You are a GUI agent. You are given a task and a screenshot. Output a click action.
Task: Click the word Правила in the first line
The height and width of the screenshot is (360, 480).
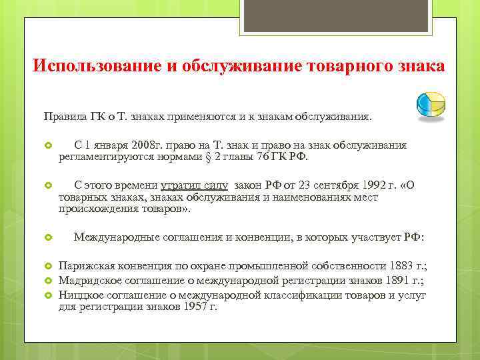pos(64,117)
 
